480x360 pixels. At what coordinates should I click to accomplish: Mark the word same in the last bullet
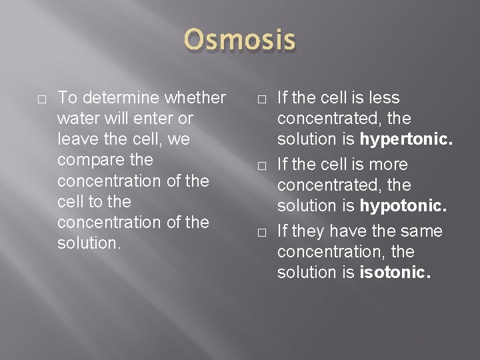421,231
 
